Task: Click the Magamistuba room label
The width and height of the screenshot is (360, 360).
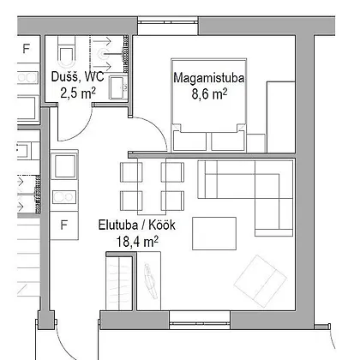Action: coord(209,78)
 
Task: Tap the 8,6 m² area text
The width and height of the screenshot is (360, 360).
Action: coord(209,94)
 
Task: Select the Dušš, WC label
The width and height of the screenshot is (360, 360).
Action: coord(77,76)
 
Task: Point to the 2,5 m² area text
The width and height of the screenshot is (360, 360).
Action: coord(78,93)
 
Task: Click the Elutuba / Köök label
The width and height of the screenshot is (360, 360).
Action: coord(137,225)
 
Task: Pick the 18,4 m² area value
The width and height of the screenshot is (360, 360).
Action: coord(137,242)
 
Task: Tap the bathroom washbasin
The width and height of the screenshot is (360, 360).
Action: coord(118,87)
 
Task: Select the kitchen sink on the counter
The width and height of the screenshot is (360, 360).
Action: coord(64,166)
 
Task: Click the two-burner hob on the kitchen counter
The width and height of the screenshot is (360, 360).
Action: coord(64,197)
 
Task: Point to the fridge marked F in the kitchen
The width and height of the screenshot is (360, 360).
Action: coord(64,225)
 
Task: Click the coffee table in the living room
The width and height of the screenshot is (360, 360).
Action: coord(214,233)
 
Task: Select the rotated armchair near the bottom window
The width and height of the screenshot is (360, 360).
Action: coord(261,281)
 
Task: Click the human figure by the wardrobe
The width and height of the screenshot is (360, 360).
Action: coord(150,281)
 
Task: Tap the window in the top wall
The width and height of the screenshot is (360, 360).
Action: coord(168,25)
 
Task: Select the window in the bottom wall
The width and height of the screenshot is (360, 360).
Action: coord(200,320)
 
